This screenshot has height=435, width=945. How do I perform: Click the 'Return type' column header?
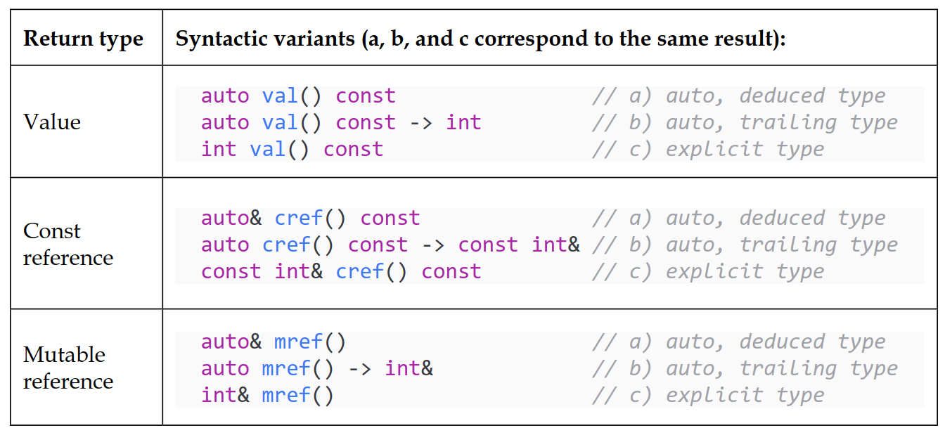(83, 39)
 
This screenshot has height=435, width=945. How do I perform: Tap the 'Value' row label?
(52, 122)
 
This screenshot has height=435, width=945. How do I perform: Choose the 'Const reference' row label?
(68, 244)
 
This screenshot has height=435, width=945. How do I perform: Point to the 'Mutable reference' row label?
(68, 368)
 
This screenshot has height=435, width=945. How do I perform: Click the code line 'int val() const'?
(292, 150)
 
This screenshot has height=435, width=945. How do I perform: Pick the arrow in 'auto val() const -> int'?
(420, 123)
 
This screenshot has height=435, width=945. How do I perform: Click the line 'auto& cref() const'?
(311, 219)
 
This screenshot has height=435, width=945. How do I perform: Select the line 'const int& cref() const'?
(341, 271)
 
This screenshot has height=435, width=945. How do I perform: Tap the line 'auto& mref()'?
(274, 342)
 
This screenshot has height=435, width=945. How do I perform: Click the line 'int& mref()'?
(267, 396)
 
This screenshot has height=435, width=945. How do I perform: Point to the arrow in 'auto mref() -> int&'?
(360, 369)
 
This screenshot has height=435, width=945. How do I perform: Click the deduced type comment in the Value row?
(739, 96)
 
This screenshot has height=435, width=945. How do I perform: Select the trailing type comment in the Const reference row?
(745, 245)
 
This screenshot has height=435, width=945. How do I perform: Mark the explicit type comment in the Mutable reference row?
(708, 396)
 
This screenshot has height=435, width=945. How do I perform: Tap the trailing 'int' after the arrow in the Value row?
(463, 123)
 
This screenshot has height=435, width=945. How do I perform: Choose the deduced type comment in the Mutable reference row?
(739, 342)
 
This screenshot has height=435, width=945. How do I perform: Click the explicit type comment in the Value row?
(708, 150)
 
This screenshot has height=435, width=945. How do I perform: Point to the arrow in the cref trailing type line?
(433, 245)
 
